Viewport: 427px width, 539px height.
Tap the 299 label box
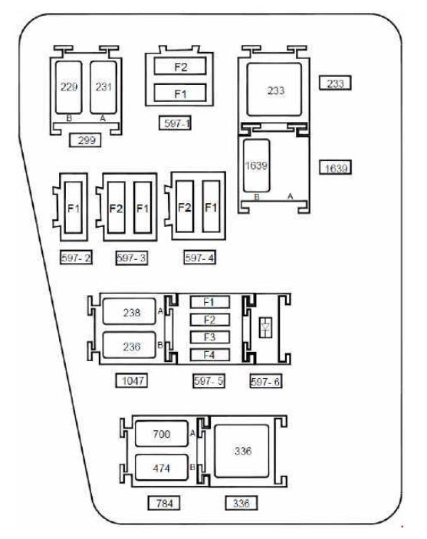click(85, 140)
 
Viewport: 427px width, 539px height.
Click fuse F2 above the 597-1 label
click(180, 68)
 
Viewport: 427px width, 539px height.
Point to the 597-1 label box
click(178, 122)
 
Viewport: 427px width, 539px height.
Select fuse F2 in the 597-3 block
click(117, 209)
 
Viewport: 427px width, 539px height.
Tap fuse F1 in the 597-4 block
click(212, 209)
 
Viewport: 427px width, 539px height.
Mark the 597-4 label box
click(199, 258)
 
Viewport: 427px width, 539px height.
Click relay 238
click(132, 313)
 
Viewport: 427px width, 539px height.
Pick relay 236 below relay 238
click(132, 347)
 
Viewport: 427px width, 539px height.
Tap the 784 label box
click(163, 503)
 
